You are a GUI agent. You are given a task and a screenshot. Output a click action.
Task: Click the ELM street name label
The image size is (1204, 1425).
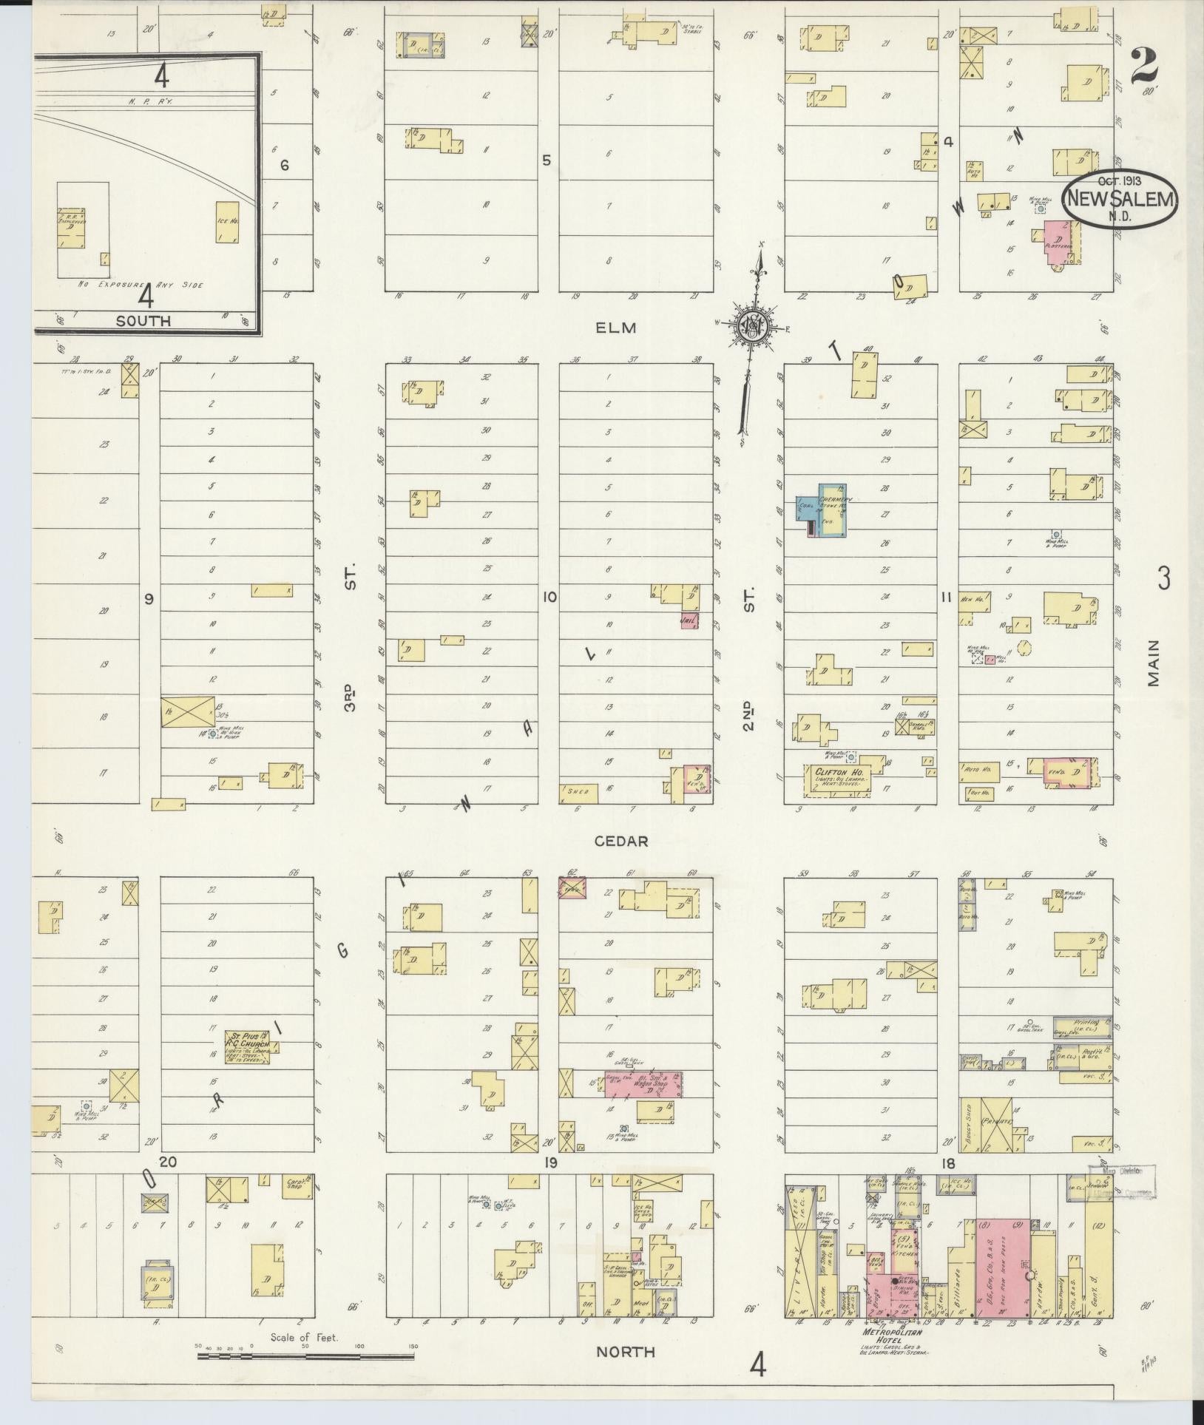pos(616,328)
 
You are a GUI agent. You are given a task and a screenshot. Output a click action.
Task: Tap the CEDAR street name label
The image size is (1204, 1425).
pos(621,842)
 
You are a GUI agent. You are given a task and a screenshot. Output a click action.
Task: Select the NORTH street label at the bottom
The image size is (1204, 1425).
pos(626,1352)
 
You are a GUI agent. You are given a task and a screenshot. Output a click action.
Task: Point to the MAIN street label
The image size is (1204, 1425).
pos(1154,664)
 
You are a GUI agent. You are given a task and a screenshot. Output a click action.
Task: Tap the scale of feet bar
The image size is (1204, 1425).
pos(305,1357)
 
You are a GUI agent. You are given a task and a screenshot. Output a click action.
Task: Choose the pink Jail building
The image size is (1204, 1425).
pos(689,621)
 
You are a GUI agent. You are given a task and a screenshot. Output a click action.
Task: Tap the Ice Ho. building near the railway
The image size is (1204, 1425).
pos(227,222)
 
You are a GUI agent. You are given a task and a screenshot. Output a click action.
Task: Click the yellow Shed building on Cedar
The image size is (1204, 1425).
pos(579,793)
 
